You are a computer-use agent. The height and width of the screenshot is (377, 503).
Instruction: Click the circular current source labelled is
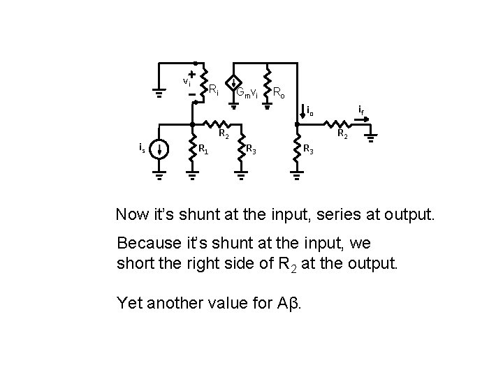pyautogui.click(x=160, y=149)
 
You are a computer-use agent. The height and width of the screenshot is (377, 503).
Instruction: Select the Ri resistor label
pyautogui.click(x=214, y=89)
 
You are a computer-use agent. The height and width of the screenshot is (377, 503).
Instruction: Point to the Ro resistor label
pyautogui.click(x=277, y=91)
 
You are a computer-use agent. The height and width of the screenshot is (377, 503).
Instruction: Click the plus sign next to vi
pyautogui.click(x=191, y=73)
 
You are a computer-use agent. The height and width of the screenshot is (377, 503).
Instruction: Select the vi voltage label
pyautogui.click(x=187, y=82)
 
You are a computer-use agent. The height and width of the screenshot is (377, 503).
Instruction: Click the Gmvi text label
pyautogui.click(x=247, y=92)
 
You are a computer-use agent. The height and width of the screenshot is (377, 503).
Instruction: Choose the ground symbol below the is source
pyautogui.click(x=160, y=175)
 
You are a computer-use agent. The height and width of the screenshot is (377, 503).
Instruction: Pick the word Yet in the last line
pyautogui.click(x=131, y=304)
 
